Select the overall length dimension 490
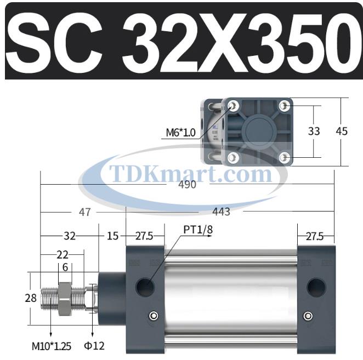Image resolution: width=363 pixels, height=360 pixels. pyautogui.click(x=187, y=185)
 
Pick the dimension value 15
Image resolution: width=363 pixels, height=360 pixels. pyautogui.click(x=112, y=236)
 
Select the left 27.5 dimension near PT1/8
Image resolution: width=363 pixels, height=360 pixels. pyautogui.click(x=144, y=236)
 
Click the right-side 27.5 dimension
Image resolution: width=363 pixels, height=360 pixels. pyautogui.click(x=315, y=236)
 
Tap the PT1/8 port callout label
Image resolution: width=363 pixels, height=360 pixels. pyautogui.click(x=197, y=230)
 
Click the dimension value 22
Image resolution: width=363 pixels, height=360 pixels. pyautogui.click(x=63, y=255)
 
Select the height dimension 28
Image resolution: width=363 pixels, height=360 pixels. pyautogui.click(x=31, y=298)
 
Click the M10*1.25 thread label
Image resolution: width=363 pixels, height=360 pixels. pyautogui.click(x=52, y=346)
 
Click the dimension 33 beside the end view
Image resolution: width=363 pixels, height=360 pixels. pyautogui.click(x=314, y=132)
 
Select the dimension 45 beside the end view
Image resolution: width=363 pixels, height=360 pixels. pyautogui.click(x=342, y=132)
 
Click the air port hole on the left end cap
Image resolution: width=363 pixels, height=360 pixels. pyautogui.click(x=146, y=285)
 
